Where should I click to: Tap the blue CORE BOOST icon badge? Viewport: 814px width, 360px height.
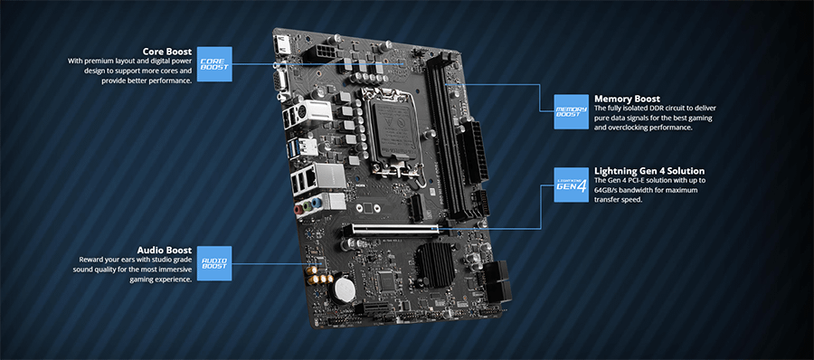(x=214, y=64)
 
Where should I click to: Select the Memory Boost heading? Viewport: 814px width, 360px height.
(x=627, y=99)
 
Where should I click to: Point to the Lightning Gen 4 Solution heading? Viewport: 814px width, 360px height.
(x=648, y=171)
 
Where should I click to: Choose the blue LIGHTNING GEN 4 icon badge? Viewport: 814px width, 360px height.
(x=570, y=185)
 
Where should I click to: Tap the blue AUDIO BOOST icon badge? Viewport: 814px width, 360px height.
(x=214, y=262)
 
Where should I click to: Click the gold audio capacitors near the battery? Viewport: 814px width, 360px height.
(x=317, y=272)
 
